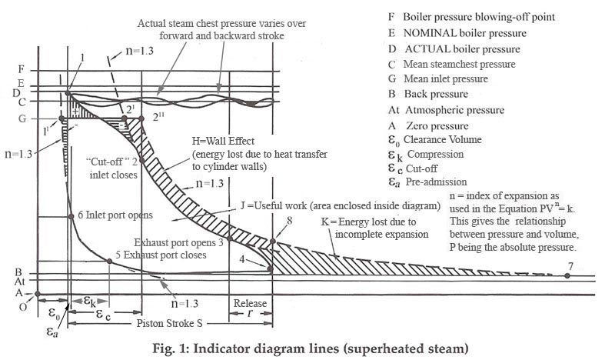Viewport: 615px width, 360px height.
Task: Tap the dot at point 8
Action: point(271,244)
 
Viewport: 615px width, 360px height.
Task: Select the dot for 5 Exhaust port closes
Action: point(110,262)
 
